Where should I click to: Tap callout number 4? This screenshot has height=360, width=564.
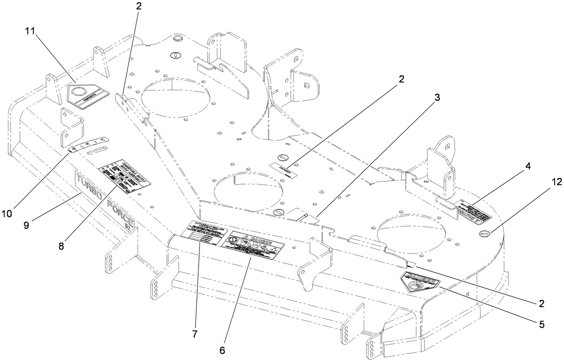(528, 166)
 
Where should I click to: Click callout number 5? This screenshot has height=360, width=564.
(542, 324)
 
